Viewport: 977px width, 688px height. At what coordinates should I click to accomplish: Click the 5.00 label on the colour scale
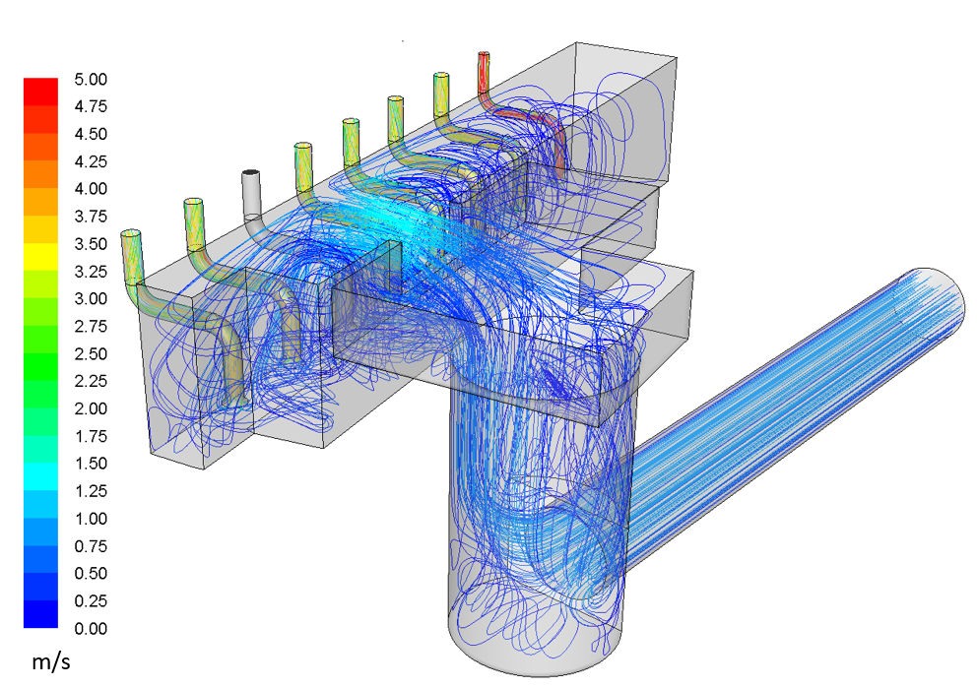(x=91, y=79)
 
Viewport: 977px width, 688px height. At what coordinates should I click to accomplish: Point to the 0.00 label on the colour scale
(x=91, y=628)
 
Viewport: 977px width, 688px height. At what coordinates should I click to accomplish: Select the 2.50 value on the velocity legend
(x=91, y=353)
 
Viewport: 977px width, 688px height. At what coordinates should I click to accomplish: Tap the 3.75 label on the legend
(x=91, y=217)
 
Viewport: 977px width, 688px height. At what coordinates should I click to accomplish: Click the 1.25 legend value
(x=91, y=491)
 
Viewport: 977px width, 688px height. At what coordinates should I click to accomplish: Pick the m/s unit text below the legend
(x=51, y=661)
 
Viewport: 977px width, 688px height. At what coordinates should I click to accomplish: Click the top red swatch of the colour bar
(x=40, y=92)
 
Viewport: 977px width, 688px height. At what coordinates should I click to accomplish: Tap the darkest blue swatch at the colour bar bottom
(x=40, y=614)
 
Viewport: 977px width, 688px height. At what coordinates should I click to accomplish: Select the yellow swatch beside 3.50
(x=40, y=257)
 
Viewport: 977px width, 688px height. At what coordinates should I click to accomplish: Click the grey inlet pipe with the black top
(x=252, y=194)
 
